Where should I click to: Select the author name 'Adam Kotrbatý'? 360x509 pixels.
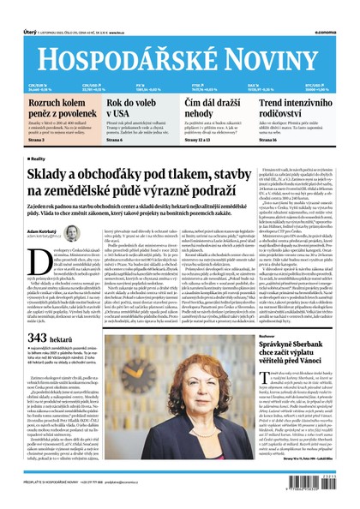(45, 231)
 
